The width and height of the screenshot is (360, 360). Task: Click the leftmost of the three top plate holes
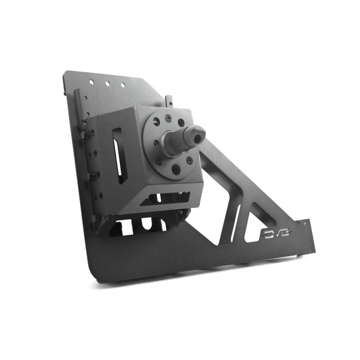tap(91, 82)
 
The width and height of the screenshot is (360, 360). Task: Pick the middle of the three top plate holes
tap(107, 84)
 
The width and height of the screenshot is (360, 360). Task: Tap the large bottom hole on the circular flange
tap(176, 169)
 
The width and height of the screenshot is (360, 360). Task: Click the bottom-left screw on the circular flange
tap(159, 161)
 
